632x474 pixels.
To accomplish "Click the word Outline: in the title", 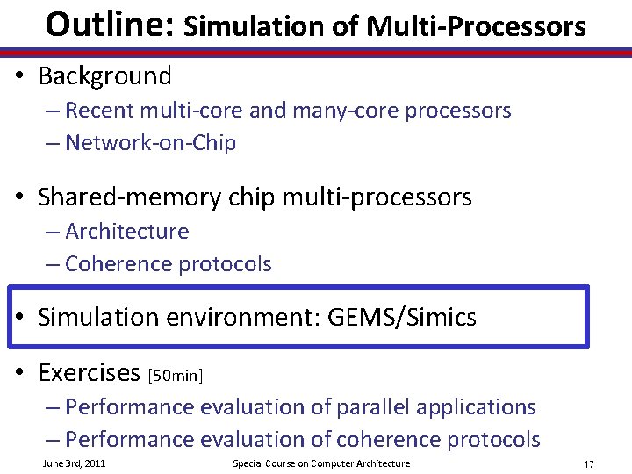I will [x=109, y=24].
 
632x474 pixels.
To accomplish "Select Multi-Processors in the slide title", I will [x=476, y=26].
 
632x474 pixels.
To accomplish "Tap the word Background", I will [x=104, y=76].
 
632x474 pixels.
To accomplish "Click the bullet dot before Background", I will [x=19, y=77].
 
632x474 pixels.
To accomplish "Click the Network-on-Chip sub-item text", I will [x=150, y=143].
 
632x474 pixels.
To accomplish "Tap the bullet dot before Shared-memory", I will [x=19, y=198].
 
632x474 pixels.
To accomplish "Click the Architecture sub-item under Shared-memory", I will [x=126, y=232].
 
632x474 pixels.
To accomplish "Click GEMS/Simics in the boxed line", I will [x=401, y=318].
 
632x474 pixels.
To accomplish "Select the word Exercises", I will [x=89, y=373].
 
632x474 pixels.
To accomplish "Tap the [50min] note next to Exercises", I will [x=176, y=377].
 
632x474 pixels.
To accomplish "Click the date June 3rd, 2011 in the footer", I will [x=74, y=463].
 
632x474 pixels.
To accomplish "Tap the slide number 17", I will [x=588, y=463].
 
